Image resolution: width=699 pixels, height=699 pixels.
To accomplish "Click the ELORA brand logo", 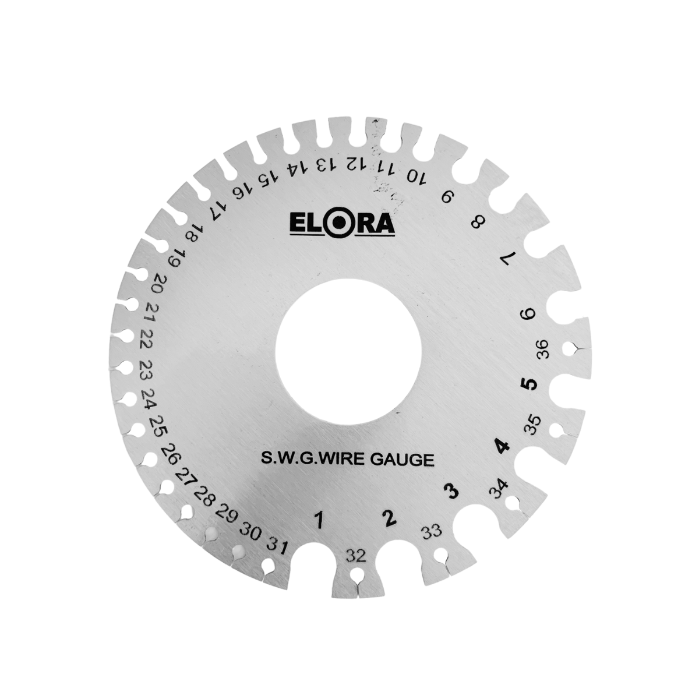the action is (x=342, y=224).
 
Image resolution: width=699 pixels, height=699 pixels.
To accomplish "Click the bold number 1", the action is (x=319, y=530).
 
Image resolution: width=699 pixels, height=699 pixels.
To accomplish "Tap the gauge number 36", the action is (x=543, y=349).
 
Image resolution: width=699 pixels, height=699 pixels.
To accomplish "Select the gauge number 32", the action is (x=356, y=556).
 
